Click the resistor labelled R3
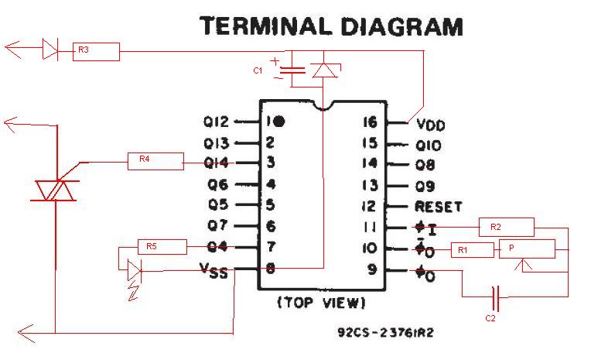click(x=96, y=52)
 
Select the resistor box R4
click(x=155, y=162)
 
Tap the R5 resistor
click(x=162, y=247)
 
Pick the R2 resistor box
click(x=507, y=227)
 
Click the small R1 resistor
click(x=473, y=250)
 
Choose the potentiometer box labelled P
click(x=528, y=249)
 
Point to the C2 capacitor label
click(x=490, y=318)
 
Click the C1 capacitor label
click(x=258, y=70)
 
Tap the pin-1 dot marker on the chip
click(x=279, y=121)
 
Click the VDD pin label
click(x=431, y=125)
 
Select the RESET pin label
click(x=439, y=207)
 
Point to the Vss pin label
click(x=214, y=270)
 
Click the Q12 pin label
click(x=216, y=122)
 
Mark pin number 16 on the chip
click(x=370, y=122)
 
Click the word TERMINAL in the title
click(x=265, y=26)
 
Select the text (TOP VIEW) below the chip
click(x=322, y=303)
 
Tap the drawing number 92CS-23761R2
click(x=385, y=332)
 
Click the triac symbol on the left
click(x=56, y=190)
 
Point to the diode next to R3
click(x=50, y=49)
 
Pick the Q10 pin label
click(x=429, y=146)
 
